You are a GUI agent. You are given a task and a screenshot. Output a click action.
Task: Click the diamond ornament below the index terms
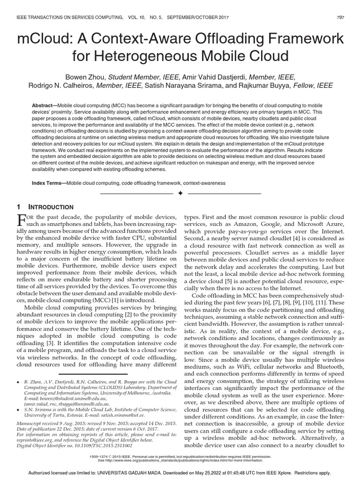coord(180,194)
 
